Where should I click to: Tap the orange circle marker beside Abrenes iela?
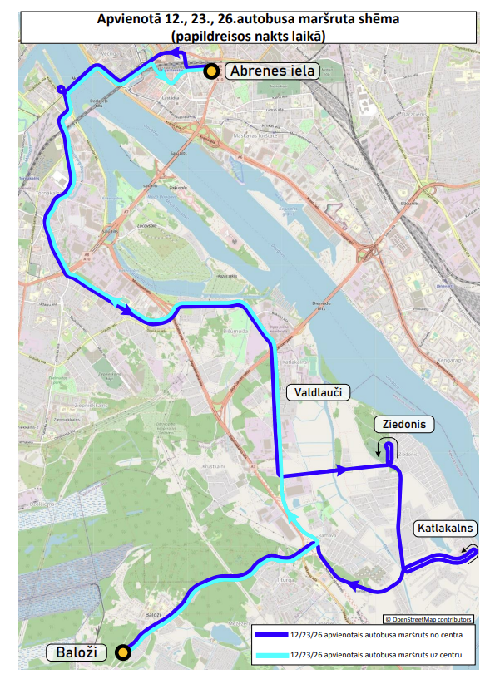click(x=212, y=71)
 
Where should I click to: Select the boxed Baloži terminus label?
click(x=77, y=652)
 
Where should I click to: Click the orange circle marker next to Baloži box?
click(x=123, y=652)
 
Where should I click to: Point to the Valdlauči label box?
click(x=318, y=392)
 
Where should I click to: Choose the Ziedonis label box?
click(x=404, y=424)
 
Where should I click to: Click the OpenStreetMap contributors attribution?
click(x=428, y=619)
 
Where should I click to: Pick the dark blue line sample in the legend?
click(x=271, y=636)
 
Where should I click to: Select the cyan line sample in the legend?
click(x=271, y=656)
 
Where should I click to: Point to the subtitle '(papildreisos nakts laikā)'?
click(x=246, y=36)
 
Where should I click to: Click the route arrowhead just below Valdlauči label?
click(x=340, y=470)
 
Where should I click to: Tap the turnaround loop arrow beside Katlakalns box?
click(x=472, y=551)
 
